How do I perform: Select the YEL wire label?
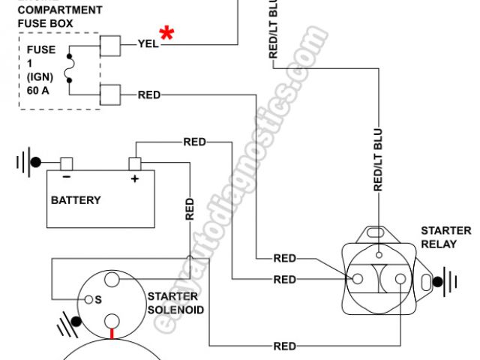point(148,44)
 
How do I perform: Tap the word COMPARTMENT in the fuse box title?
point(59,10)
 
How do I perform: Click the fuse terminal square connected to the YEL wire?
point(110,46)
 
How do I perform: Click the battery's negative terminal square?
point(66,163)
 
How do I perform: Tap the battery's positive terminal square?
point(136,163)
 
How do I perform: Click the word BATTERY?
point(76,201)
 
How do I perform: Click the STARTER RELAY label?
point(445,237)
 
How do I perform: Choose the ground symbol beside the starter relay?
point(447,281)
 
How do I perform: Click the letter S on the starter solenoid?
point(97,300)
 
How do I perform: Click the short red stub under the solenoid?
point(112,334)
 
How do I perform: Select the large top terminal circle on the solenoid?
point(112,280)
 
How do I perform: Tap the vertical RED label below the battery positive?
point(189,209)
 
